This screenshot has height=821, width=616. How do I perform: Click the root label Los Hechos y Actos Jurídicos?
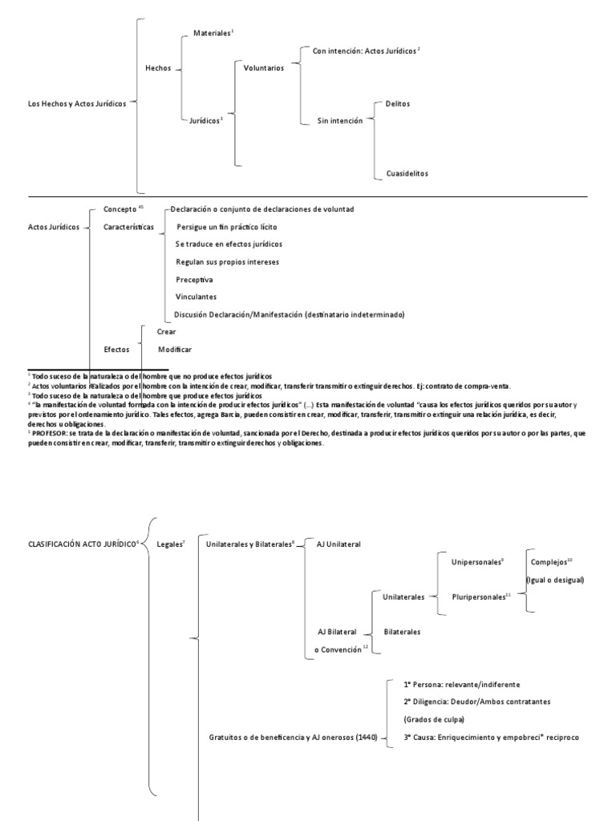point(77,103)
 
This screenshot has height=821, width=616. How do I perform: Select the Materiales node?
point(211,33)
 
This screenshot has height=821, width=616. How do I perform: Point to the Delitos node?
point(398,103)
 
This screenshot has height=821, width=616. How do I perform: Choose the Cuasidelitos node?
point(407,173)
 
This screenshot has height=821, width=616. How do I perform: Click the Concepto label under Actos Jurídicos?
point(120,209)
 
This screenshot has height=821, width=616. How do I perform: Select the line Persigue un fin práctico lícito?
point(226,227)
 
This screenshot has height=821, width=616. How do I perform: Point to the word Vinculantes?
point(196,297)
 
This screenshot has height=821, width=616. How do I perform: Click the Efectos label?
point(117,350)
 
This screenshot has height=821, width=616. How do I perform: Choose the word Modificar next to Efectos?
point(175,350)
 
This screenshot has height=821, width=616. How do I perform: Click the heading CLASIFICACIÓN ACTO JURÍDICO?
point(82,544)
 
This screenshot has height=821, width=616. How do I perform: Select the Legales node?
point(169,544)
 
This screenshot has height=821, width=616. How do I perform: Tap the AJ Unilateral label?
point(339,544)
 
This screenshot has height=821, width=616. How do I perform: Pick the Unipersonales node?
point(476,562)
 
